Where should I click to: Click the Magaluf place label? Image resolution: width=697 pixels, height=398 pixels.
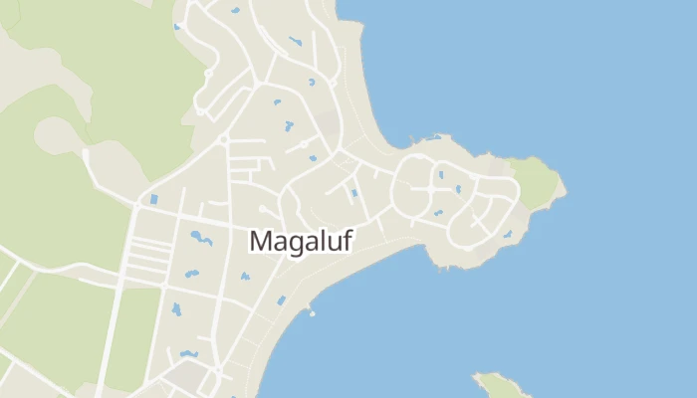coord(301,241)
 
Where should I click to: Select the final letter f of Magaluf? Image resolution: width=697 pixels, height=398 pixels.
coord(346,240)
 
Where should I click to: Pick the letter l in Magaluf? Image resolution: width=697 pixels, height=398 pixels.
coord(320,240)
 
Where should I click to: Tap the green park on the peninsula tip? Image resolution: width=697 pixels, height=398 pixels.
coord(535,182)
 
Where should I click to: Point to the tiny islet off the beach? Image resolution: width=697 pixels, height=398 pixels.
coord(312,313)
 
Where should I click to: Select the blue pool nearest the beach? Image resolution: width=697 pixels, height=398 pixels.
coord(281,299)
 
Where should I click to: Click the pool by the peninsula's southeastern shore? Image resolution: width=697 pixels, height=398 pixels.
coord(508,235)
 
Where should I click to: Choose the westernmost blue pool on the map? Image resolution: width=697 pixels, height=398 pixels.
coord(153,199)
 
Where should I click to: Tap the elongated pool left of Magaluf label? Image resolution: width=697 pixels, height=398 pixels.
coord(200,238)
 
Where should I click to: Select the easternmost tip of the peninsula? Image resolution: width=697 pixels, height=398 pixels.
coord(565,185)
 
